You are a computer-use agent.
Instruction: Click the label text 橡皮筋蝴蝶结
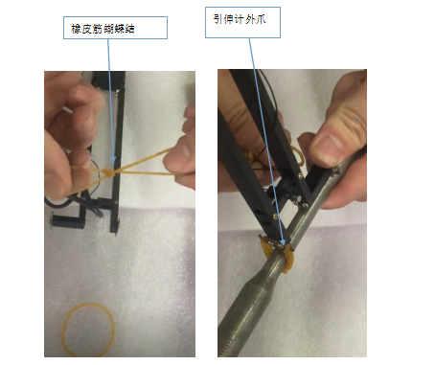[103, 29]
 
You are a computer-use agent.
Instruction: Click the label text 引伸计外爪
[240, 19]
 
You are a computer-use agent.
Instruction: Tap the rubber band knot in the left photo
[108, 172]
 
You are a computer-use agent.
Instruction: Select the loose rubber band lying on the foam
[88, 330]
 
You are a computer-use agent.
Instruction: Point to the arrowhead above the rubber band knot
[113, 159]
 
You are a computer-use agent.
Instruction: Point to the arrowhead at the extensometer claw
[282, 242]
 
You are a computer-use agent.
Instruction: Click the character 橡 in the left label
[76, 29]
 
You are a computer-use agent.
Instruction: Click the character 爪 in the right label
[261, 19]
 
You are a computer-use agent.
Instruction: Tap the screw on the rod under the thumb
[335, 171]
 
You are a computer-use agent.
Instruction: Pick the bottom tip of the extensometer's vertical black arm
[114, 233]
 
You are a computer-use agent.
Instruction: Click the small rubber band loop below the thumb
[298, 156]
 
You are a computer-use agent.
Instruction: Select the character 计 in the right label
[239, 19]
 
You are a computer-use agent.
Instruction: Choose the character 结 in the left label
[130, 29]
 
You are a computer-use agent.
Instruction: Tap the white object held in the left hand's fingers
[68, 110]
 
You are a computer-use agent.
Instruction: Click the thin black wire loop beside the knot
[96, 174]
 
